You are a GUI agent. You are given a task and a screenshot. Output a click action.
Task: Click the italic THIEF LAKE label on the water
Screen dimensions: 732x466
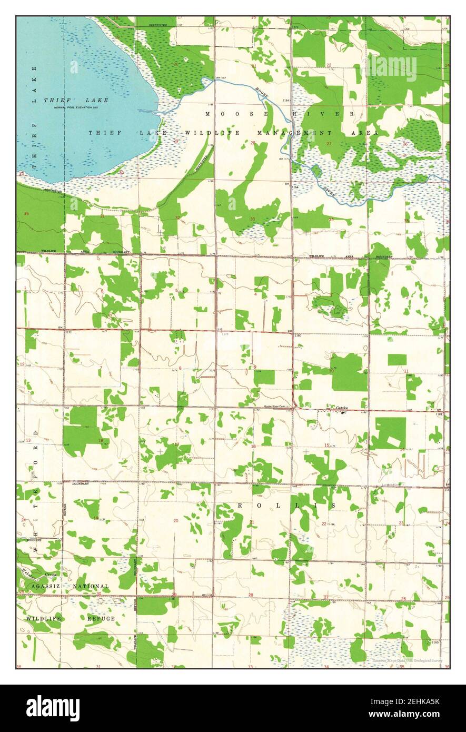pyautogui.click(x=76, y=100)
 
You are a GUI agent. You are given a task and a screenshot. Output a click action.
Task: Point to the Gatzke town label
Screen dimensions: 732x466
pyautogui.click(x=343, y=409)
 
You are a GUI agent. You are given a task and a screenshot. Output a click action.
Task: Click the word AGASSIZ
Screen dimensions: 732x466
pyautogui.click(x=47, y=586)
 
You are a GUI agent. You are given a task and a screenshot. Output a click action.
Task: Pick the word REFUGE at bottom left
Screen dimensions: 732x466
pyautogui.click(x=101, y=618)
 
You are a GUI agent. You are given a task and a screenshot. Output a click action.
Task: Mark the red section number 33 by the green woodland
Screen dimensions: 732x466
pyautogui.click(x=253, y=219)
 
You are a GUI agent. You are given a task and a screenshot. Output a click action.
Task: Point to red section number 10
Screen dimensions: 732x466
pyautogui.click(x=331, y=371)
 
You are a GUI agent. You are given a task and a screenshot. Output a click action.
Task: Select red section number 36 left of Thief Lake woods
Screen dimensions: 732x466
pyautogui.click(x=26, y=213)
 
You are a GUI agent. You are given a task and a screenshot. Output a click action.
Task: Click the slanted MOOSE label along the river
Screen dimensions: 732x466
pyautogui.click(x=262, y=93)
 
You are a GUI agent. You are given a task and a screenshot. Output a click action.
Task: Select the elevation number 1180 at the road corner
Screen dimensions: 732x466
pyautogui.click(x=297, y=335)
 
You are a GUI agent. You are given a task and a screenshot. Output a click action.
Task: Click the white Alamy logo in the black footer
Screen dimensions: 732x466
pyautogui.click(x=53, y=708)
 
